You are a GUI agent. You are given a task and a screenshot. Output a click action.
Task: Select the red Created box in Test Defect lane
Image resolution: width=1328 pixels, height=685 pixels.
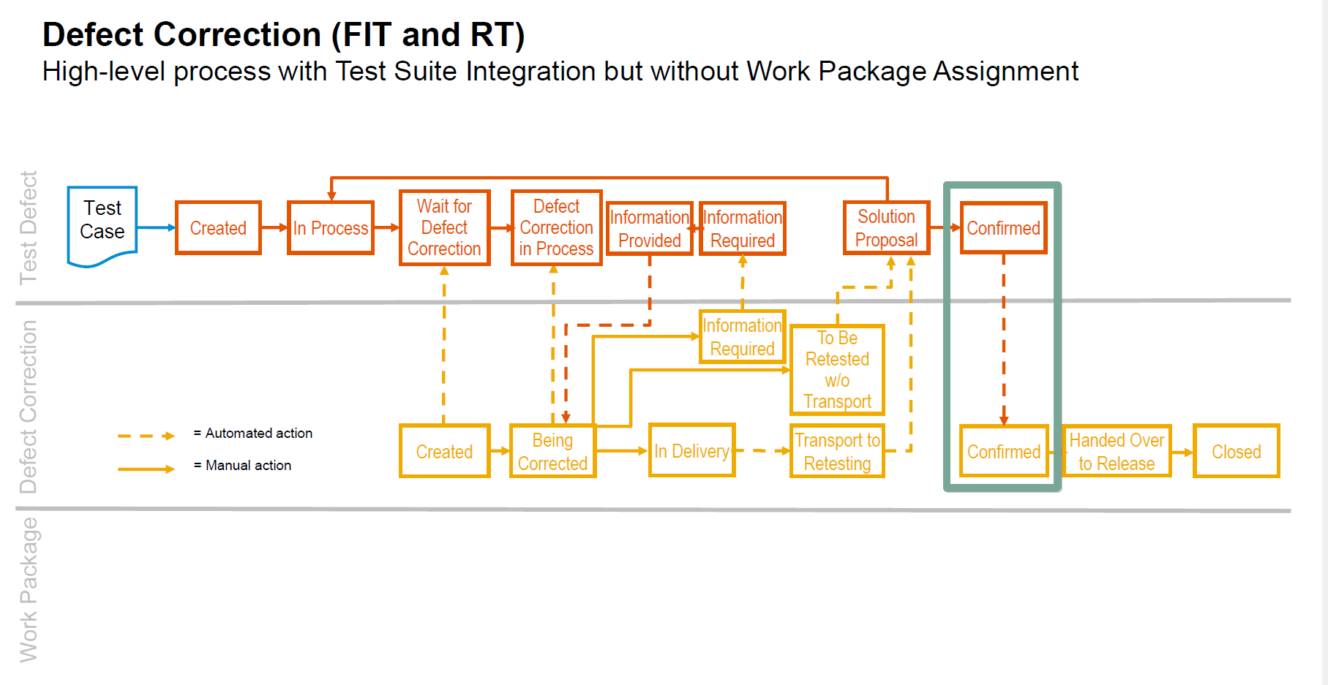218,228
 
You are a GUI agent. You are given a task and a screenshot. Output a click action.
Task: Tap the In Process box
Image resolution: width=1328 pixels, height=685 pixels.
331,228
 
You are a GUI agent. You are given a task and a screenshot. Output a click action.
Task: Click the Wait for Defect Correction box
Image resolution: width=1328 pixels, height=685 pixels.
444,227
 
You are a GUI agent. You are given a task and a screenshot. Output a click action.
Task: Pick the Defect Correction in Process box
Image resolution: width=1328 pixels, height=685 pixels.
556,227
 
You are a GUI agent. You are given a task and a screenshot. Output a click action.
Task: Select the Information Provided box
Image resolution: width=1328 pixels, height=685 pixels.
649,229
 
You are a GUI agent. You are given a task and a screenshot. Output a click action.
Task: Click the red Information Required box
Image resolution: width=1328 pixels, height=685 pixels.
743,229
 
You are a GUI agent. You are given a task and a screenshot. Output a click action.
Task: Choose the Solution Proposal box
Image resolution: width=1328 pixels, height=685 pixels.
886,228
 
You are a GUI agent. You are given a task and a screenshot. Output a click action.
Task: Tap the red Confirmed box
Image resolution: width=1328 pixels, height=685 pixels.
1003,228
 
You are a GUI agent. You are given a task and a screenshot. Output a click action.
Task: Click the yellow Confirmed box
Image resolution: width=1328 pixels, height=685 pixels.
1003,452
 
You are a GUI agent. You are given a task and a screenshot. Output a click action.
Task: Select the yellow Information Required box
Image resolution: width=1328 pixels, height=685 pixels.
742,337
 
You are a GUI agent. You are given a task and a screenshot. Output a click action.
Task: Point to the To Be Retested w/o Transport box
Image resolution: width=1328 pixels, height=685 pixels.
837,370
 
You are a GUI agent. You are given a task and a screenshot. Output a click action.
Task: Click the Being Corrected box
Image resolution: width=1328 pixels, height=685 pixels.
552,452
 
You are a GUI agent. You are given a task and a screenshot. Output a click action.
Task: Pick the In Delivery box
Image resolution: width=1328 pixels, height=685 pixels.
691,451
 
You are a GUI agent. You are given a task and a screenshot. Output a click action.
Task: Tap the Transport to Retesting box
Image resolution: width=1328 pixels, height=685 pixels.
837,452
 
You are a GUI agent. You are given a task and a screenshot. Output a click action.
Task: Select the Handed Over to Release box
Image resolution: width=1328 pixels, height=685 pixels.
1117,452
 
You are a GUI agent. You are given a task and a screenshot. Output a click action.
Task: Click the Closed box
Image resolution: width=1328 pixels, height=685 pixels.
1236,452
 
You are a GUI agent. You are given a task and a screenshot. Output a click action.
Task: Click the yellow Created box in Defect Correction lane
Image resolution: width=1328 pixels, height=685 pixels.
444,452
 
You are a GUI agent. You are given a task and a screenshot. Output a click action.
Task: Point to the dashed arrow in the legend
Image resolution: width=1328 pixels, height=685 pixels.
146,436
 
